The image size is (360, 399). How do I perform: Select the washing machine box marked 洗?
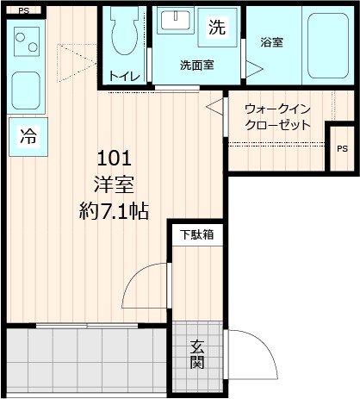coord(217,27)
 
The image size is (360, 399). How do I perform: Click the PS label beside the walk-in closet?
coord(342,148)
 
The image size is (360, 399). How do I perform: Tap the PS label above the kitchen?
coord(23,10)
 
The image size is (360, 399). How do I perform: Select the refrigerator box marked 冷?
coord(28,135)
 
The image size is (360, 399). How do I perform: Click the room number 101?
coord(114,158)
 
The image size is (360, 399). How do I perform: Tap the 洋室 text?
coord(114,184)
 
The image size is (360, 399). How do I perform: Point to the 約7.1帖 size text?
coord(114,209)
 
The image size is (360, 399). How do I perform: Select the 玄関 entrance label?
coord(198,354)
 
